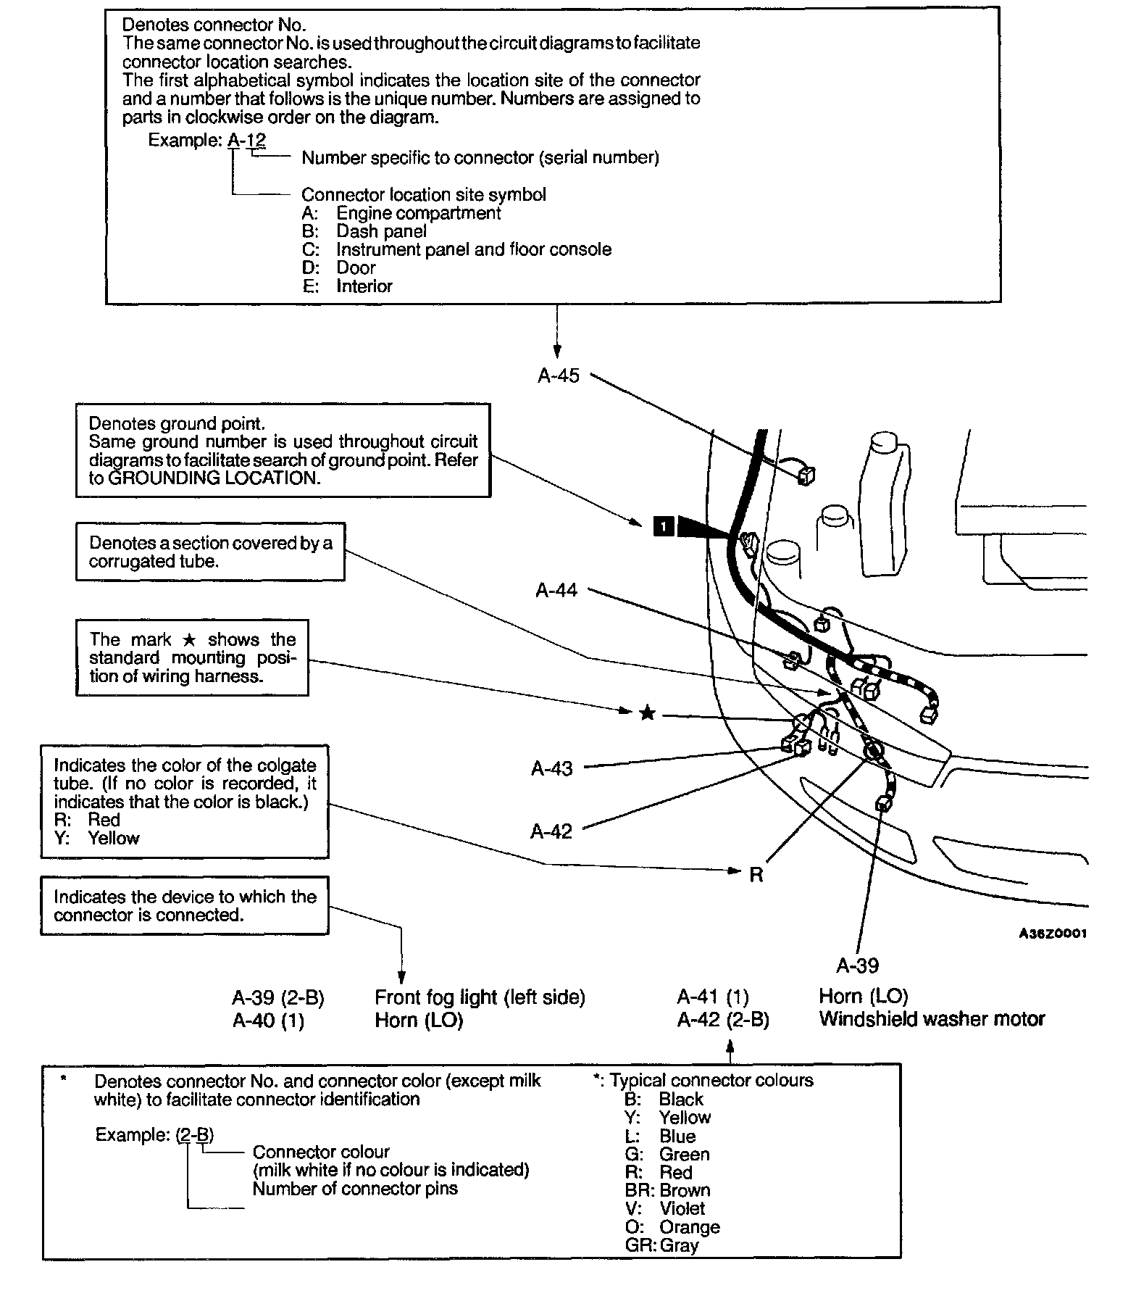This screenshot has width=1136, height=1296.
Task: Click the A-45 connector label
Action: point(559,375)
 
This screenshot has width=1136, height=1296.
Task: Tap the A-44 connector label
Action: point(556,590)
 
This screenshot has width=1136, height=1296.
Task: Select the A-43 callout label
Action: point(551,768)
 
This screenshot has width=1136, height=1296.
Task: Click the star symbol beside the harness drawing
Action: point(648,714)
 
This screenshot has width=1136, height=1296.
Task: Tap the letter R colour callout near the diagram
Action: point(756,875)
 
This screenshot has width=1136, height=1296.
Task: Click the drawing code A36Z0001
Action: point(1053,934)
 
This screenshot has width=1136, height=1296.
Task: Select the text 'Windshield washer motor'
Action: point(932,1019)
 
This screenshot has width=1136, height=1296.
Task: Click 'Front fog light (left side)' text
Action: point(480,997)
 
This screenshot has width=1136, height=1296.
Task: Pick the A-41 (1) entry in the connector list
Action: point(713,997)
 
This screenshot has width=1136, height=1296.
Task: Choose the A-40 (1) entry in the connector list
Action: point(268,1021)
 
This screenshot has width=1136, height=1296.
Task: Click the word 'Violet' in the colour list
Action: point(682,1208)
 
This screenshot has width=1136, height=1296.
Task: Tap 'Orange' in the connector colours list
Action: point(689,1227)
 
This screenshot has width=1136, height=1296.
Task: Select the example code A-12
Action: point(247,140)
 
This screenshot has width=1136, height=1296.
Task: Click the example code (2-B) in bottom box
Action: point(195,1134)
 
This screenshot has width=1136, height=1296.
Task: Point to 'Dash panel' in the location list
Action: point(381,231)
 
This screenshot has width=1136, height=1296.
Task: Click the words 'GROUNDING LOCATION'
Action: point(213,478)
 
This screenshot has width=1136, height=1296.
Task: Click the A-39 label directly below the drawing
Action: point(857,965)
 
